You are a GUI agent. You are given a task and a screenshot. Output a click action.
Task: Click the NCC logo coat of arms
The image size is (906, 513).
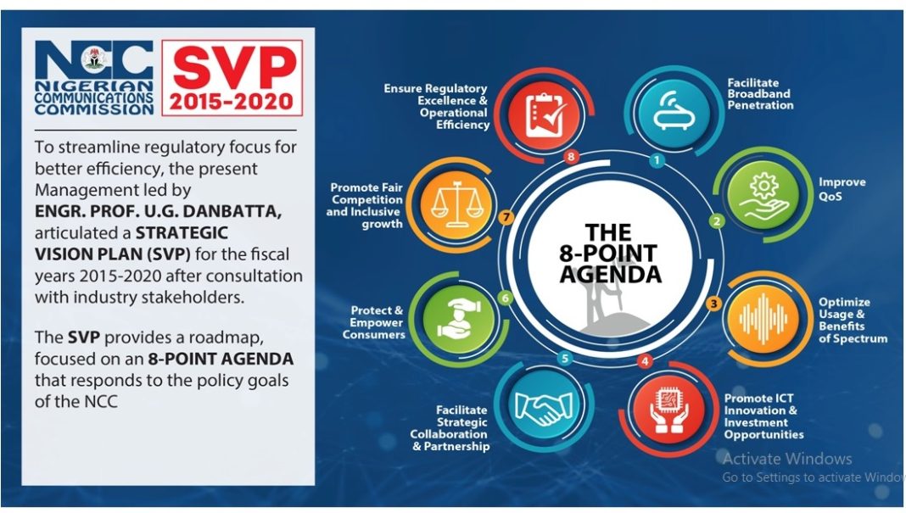94,59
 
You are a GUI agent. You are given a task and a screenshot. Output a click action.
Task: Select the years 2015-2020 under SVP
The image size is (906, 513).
231,102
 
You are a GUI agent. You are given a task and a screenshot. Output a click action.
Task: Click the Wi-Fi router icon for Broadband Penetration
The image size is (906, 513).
674,111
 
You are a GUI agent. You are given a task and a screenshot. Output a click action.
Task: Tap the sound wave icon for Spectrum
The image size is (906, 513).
763,318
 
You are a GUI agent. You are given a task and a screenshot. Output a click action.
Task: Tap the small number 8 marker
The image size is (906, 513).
572,157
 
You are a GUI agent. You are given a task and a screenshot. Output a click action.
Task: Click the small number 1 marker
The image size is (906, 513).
657,160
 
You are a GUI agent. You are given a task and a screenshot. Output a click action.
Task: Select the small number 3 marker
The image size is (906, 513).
714,304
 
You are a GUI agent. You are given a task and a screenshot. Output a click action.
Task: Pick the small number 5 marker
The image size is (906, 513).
565,359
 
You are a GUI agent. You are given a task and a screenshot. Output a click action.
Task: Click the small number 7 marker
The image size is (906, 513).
506,218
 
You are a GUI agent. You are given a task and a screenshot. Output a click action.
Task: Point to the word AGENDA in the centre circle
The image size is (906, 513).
610,274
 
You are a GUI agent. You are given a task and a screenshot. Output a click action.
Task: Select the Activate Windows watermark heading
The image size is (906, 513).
787,459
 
